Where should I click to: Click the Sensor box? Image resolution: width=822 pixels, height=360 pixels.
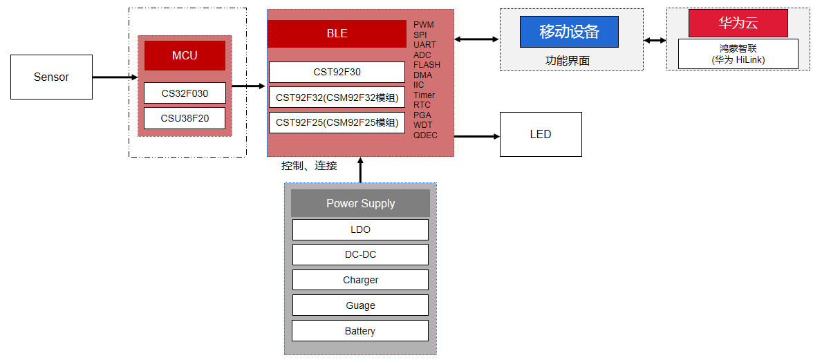click(x=51, y=77)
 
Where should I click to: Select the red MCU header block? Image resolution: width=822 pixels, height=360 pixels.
click(x=185, y=55)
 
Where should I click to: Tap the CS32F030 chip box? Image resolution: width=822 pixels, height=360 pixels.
click(x=185, y=93)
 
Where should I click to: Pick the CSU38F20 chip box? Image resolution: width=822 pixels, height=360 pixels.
click(x=185, y=117)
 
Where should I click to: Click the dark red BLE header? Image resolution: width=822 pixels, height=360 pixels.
click(x=337, y=34)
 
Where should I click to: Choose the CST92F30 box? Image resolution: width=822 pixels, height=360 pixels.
click(x=337, y=72)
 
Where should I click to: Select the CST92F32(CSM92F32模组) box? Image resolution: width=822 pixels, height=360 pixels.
click(x=337, y=97)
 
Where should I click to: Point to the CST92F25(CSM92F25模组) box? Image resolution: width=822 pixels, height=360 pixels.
click(x=337, y=122)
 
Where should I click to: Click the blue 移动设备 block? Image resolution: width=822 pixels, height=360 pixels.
click(x=569, y=32)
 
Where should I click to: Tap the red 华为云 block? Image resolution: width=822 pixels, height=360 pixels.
click(x=738, y=23)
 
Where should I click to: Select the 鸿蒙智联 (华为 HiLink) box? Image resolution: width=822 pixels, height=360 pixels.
click(x=738, y=54)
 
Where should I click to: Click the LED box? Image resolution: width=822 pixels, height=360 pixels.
click(x=541, y=134)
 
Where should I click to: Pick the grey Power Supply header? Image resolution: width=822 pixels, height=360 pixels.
click(x=360, y=203)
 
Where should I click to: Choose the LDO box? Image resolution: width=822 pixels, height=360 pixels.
click(x=360, y=229)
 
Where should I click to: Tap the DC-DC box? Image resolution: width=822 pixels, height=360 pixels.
click(x=360, y=254)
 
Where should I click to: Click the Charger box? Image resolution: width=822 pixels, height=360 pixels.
click(x=360, y=280)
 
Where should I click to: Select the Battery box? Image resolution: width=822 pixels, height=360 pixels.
click(x=360, y=331)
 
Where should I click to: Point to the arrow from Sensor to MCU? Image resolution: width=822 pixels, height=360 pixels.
click(x=115, y=77)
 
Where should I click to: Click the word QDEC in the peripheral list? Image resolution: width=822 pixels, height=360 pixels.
click(x=425, y=135)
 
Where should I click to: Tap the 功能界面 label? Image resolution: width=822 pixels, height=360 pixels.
click(x=568, y=60)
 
